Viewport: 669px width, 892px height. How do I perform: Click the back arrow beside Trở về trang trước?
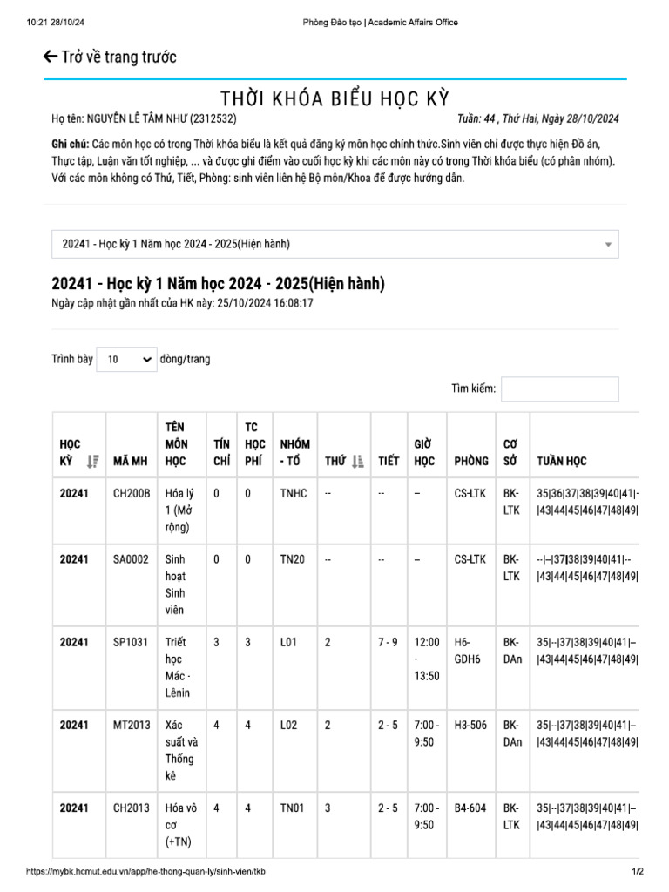pyautogui.click(x=51, y=57)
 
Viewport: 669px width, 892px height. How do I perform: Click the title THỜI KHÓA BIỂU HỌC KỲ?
pyautogui.click(x=334, y=98)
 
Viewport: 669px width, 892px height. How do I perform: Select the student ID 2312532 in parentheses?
pyautogui.click(x=214, y=119)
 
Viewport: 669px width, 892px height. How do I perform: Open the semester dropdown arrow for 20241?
pyautogui.click(x=607, y=245)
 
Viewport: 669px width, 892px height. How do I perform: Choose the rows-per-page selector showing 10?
pyautogui.click(x=126, y=359)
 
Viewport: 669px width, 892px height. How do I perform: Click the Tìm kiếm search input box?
pyautogui.click(x=559, y=389)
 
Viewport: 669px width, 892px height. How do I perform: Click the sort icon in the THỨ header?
pyautogui.click(x=357, y=462)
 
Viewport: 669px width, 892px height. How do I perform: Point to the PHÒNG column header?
pyautogui.click(x=471, y=461)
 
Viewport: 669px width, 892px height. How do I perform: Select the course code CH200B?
pyautogui.click(x=132, y=493)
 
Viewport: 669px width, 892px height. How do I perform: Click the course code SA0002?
pyautogui.click(x=131, y=559)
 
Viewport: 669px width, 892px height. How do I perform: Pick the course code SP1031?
pyautogui.click(x=131, y=642)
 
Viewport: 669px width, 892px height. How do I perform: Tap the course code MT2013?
pyautogui.click(x=132, y=725)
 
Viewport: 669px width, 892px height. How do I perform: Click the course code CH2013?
pyautogui.click(x=132, y=808)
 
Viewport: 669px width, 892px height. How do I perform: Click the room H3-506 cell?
pyautogui.click(x=470, y=725)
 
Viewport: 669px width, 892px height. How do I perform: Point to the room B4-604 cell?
pyautogui.click(x=470, y=808)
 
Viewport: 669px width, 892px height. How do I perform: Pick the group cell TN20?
pyautogui.click(x=293, y=559)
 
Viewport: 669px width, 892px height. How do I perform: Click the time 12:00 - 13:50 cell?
pyautogui.click(x=426, y=659)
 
